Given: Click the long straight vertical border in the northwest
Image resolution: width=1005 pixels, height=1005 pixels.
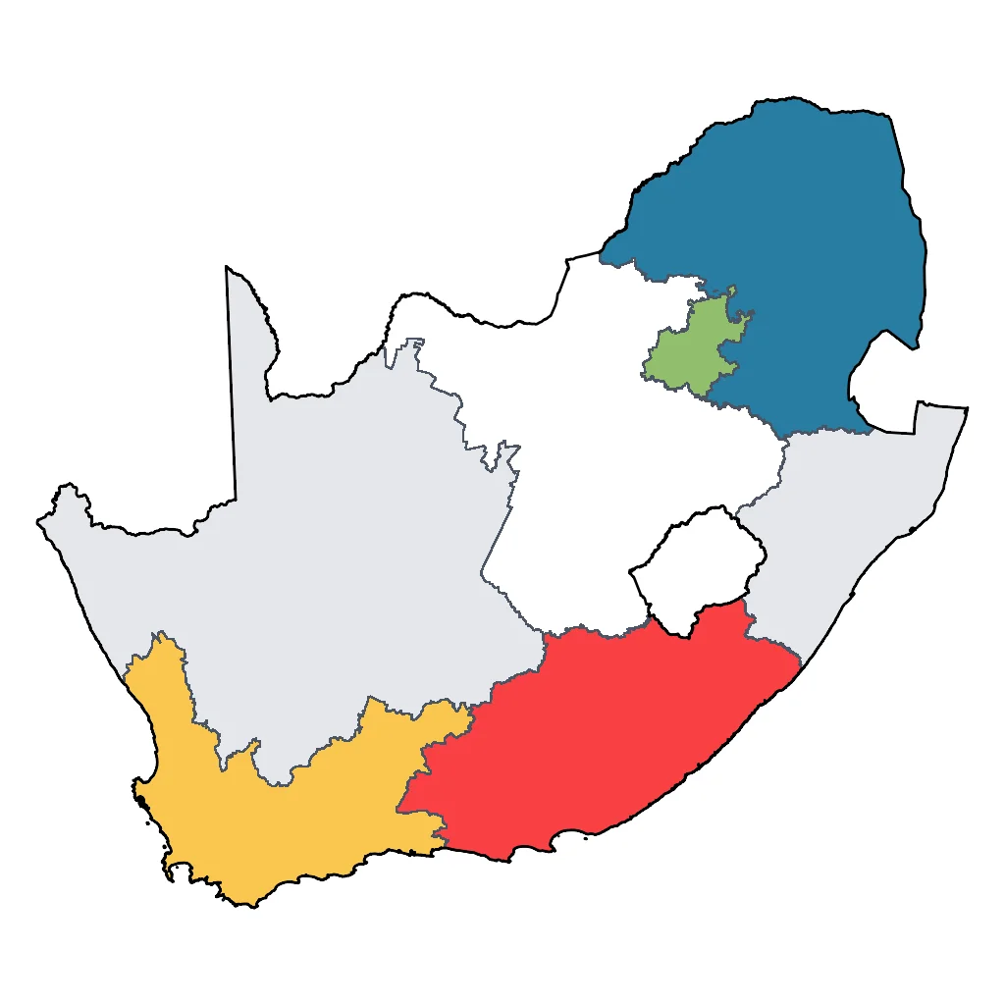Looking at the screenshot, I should [232, 393].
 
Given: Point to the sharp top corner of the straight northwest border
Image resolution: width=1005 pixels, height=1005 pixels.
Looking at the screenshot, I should [227, 267].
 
